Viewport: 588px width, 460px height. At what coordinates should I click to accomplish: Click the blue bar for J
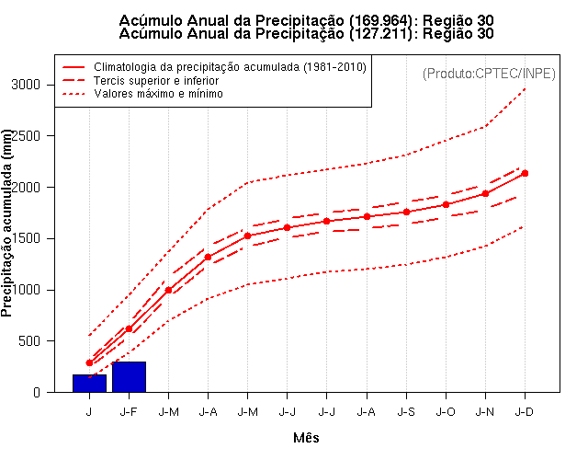pyautogui.click(x=89, y=383)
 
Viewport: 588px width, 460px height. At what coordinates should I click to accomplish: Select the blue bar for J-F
pyautogui.click(x=129, y=377)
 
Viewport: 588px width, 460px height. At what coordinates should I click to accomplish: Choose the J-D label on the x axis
pyautogui.click(x=525, y=411)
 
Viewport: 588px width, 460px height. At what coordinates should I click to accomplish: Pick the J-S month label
pyautogui.click(x=405, y=411)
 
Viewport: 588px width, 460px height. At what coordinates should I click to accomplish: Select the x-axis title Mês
pyautogui.click(x=306, y=438)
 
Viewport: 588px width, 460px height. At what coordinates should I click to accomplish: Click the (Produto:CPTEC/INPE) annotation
pyautogui.click(x=489, y=73)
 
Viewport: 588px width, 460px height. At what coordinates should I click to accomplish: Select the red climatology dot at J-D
pyautogui.click(x=525, y=173)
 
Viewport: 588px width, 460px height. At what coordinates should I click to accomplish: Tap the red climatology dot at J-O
pyautogui.click(x=446, y=204)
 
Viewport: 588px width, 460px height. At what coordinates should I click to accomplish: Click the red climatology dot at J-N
pyautogui.click(x=485, y=193)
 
